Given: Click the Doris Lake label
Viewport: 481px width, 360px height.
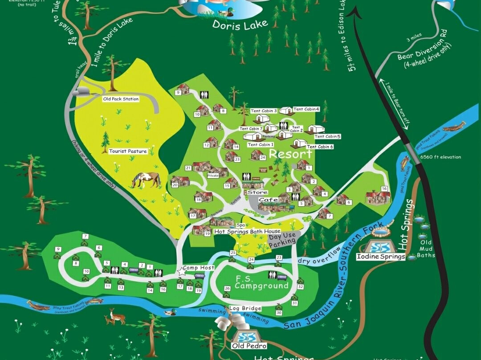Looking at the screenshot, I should pos(240,25).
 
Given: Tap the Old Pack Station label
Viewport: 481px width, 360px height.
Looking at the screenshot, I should pos(121,99).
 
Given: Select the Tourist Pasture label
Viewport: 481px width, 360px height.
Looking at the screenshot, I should pos(128,151).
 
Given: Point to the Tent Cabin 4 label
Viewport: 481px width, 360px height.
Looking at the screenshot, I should pos(306,109).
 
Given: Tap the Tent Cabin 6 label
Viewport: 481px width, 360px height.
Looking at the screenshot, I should pos(320,147).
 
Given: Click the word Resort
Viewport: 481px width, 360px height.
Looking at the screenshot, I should pos(290,154).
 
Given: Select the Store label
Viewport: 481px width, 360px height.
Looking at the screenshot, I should pos(257,192).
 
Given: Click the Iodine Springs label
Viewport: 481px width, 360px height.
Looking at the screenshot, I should pos(381,257).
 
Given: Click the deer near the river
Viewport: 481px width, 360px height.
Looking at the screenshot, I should pos(115,317).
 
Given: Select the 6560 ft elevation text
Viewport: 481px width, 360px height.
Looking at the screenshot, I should pos(440,157).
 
